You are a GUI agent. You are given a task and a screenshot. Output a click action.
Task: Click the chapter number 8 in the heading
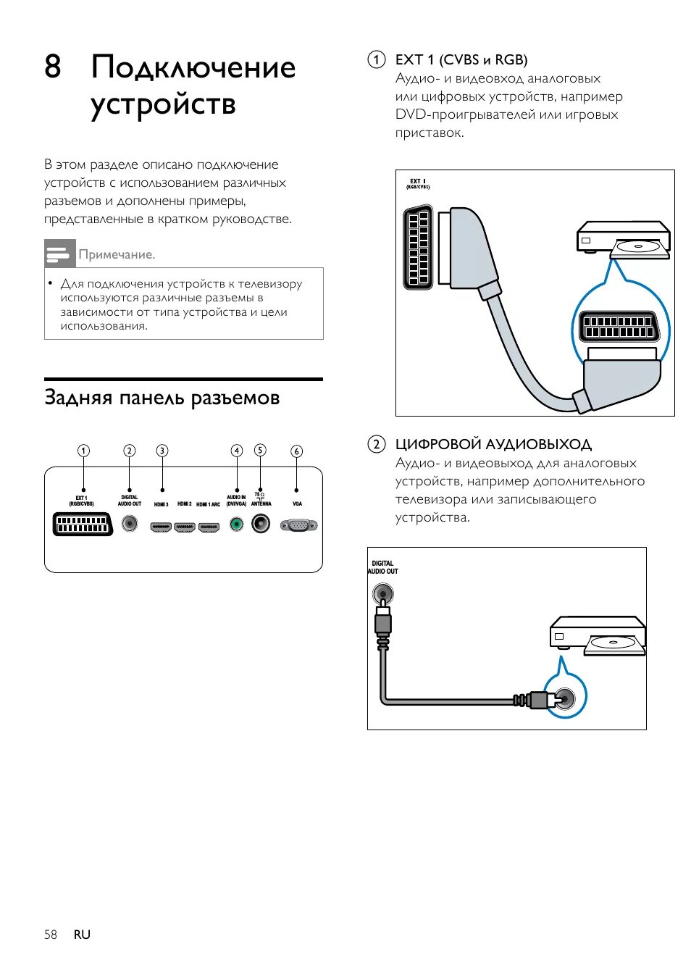[52, 67]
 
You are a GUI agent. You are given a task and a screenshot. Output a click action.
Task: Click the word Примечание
[117, 255]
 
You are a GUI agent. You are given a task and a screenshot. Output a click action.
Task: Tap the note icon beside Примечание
[59, 254]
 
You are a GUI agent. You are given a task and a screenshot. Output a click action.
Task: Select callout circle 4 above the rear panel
[236, 451]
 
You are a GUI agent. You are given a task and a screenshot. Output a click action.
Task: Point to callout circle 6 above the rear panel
[296, 451]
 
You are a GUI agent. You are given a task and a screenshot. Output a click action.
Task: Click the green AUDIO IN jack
[236, 524]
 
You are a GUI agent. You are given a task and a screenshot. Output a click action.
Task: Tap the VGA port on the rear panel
[298, 525]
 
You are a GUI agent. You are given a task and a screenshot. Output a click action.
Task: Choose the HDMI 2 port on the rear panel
[185, 527]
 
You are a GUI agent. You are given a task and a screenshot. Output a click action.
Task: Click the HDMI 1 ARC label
[208, 504]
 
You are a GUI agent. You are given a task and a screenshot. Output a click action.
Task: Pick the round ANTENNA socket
[261, 523]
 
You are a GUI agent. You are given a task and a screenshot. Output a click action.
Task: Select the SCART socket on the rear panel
[83, 524]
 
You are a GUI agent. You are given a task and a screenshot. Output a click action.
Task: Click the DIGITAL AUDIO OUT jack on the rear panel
[130, 522]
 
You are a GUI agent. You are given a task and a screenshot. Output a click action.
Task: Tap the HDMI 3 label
[161, 504]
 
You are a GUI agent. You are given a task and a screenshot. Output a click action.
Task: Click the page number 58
[50, 935]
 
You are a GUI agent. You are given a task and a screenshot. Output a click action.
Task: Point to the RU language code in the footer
[82, 935]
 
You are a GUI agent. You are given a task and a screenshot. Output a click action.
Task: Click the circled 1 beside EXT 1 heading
[376, 59]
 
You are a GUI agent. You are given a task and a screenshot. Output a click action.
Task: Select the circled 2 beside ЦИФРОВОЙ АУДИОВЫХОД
[376, 444]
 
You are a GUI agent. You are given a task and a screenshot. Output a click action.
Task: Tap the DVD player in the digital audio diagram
[598, 635]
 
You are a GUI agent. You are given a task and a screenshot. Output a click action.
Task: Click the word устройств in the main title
[164, 104]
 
